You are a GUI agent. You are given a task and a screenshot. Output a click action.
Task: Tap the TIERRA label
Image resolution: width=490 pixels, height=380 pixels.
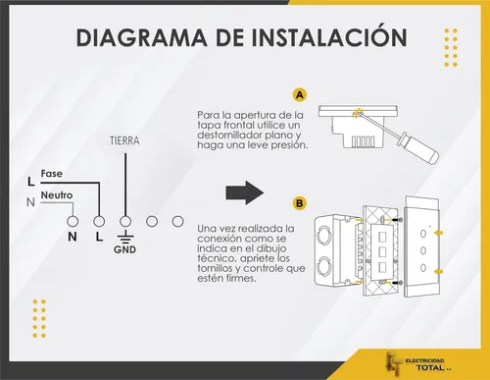click(x=124, y=141)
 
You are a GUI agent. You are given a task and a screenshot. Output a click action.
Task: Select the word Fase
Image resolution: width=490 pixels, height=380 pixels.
click(x=52, y=174)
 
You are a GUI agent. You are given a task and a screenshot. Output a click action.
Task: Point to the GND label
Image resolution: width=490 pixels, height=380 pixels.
click(x=125, y=249)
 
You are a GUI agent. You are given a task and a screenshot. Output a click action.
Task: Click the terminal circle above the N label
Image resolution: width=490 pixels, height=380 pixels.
click(x=73, y=222)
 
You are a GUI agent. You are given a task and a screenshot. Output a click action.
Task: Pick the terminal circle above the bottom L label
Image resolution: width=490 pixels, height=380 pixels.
click(x=99, y=222)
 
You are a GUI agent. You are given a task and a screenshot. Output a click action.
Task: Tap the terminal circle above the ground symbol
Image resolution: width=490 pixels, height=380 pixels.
click(x=125, y=222)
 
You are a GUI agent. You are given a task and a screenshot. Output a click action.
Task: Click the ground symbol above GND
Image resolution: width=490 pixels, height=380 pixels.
click(x=125, y=237)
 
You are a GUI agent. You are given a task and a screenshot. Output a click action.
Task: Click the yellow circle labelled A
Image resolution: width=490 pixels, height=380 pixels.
click(x=299, y=95)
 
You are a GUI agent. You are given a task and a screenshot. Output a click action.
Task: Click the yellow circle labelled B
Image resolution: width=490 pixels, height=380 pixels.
click(x=299, y=203)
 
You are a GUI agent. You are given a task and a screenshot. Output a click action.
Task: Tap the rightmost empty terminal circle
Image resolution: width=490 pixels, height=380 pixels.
click(x=178, y=222)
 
